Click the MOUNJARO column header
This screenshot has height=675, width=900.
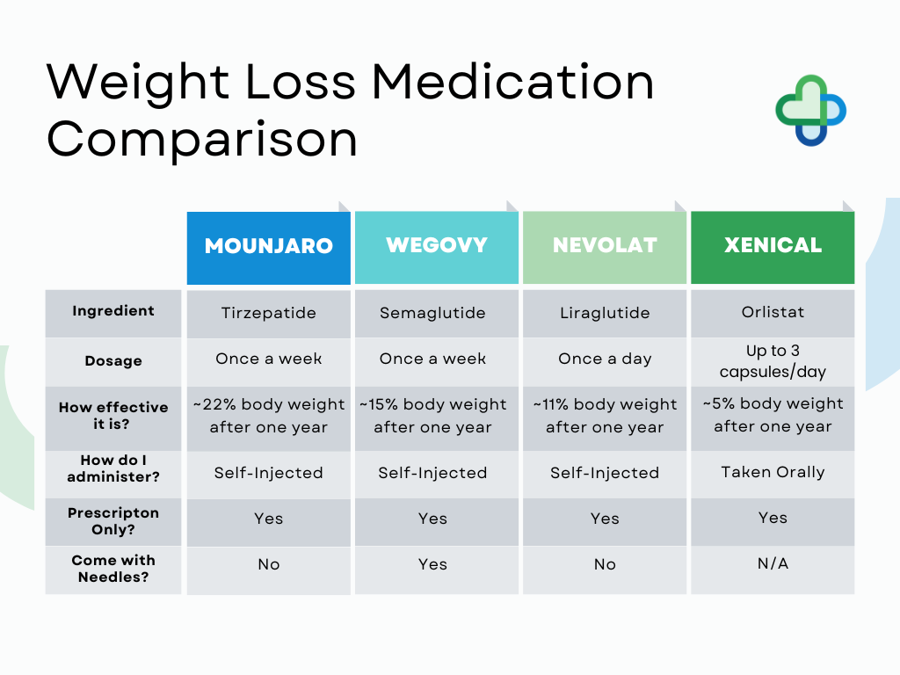(268, 246)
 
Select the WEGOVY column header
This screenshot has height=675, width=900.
(436, 246)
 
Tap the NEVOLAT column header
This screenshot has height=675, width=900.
(605, 246)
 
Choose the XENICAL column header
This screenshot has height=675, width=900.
(773, 246)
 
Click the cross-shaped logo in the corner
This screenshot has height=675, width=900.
(810, 110)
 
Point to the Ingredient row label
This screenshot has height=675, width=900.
(113, 311)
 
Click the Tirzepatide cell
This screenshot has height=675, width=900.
(268, 313)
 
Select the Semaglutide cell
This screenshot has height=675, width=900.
(432, 313)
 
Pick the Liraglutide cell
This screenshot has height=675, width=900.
(605, 313)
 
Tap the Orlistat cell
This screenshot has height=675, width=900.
(773, 312)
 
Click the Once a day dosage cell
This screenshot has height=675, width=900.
(605, 359)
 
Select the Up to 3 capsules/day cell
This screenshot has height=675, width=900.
(773, 361)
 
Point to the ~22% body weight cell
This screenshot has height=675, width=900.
(268, 416)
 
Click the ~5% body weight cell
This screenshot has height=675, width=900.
(773, 415)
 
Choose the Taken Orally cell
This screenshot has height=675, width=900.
(773, 473)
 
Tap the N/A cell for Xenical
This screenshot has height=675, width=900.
(773, 564)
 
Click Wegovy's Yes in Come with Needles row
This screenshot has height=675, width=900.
(432, 565)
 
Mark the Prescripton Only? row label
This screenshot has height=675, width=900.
(113, 521)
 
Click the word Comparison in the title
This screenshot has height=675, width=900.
(202, 140)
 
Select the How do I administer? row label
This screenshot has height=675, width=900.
(113, 468)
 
